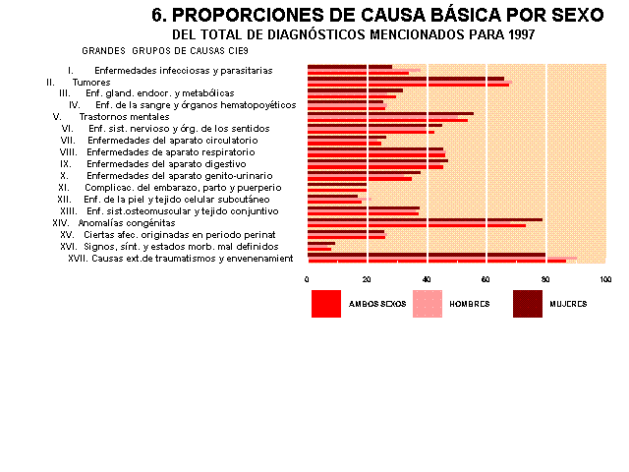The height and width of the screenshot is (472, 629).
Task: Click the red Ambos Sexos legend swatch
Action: tap(326, 304)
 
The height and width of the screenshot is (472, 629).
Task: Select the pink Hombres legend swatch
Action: tap(428, 304)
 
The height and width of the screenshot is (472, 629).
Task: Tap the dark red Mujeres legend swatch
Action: tap(528, 304)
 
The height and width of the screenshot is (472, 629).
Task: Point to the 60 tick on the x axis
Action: tap(486, 279)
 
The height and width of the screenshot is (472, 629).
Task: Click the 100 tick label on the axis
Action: tap(605, 279)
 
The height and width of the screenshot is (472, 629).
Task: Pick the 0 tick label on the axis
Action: tap(307, 279)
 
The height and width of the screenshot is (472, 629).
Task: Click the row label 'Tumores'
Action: tap(91, 83)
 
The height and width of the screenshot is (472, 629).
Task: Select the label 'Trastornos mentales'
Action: tap(125, 117)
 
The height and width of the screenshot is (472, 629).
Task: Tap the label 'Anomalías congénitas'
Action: tap(127, 223)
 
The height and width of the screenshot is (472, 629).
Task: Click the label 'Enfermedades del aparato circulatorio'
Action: tap(173, 141)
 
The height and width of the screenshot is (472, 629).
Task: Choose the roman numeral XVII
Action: tap(78, 259)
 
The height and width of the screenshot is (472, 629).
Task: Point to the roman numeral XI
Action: tap(63, 188)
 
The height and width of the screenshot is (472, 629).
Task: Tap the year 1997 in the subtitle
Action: tap(522, 34)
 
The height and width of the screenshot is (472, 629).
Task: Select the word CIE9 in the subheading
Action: tap(239, 51)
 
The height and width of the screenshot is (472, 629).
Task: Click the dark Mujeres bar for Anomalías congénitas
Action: tap(425, 220)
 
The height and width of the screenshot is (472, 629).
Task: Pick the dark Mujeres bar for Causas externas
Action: tap(427, 255)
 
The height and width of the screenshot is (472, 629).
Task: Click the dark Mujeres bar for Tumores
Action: tap(406, 79)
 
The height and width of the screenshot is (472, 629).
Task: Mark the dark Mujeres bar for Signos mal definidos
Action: tap(321, 244)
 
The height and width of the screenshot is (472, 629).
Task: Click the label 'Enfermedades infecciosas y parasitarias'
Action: tap(184, 71)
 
